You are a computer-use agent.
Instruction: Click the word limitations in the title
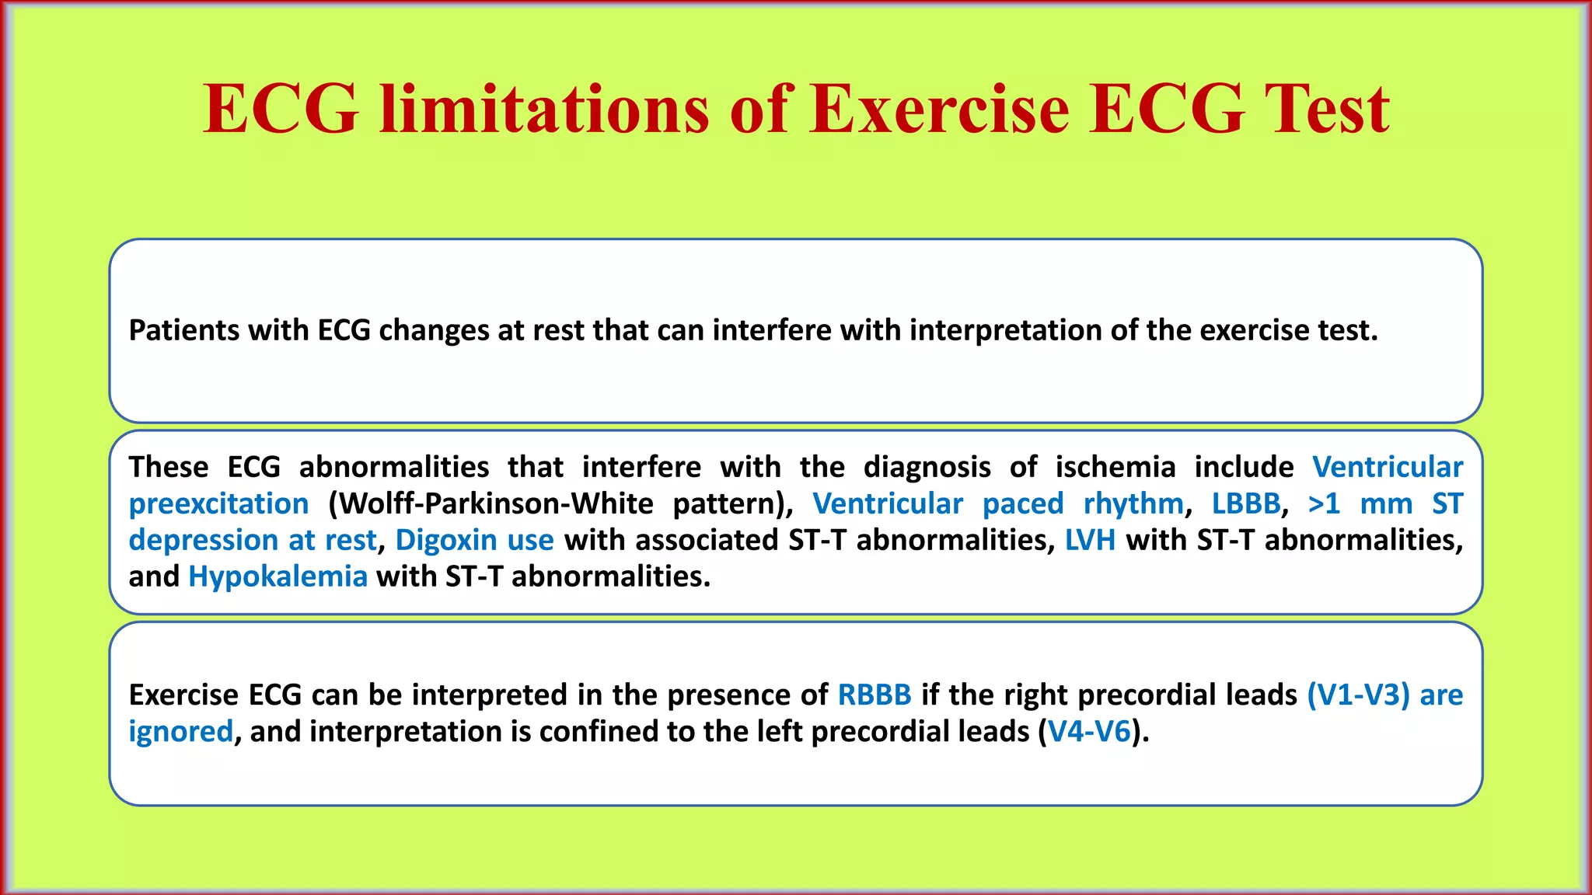(x=544, y=109)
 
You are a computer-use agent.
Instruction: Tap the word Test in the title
(x=1327, y=109)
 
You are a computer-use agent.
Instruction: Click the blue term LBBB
(x=1245, y=503)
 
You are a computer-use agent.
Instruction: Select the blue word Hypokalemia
(x=278, y=576)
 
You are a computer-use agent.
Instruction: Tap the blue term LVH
(x=1090, y=539)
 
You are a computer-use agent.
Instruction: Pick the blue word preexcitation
(x=218, y=504)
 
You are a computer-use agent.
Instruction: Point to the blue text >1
(x=1324, y=503)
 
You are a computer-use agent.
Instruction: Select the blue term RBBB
(x=874, y=695)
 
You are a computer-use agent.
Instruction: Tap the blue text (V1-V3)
(x=1358, y=695)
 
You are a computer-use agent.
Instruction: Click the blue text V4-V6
(x=1089, y=732)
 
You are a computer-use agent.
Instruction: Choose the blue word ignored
(x=180, y=732)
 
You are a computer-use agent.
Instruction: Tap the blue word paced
(x=1022, y=503)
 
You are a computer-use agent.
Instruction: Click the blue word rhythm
(x=1133, y=503)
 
